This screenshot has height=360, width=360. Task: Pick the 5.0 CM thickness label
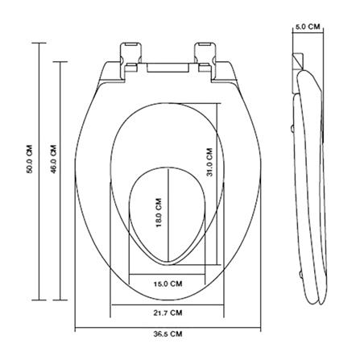pos(308,27)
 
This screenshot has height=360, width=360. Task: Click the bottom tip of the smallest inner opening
pos(168,264)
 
